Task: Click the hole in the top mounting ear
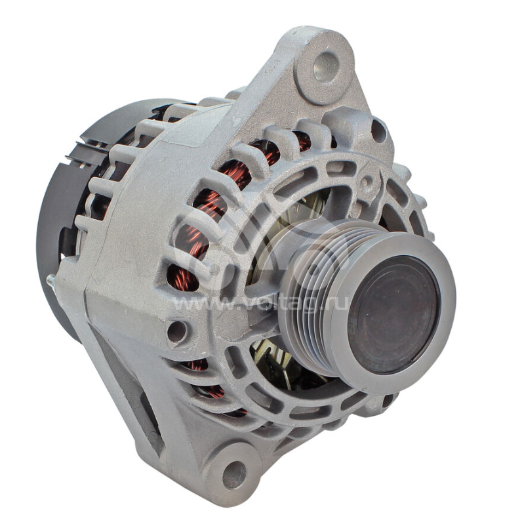click(325, 66)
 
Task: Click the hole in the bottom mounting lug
click(234, 474)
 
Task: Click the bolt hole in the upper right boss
click(378, 131)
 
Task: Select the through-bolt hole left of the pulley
click(177, 331)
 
